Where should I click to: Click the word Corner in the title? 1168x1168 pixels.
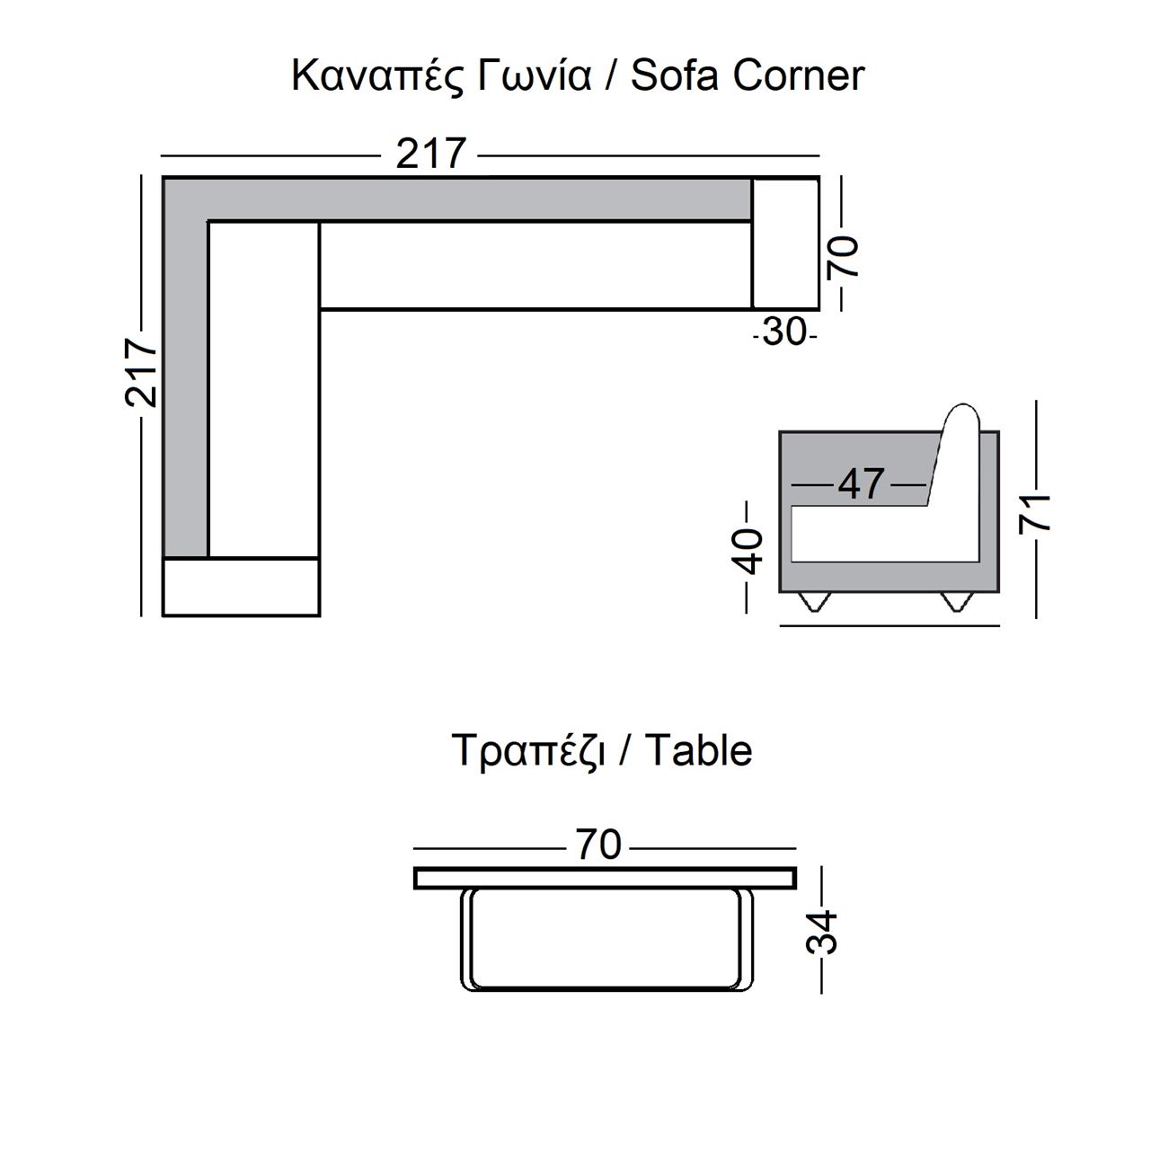point(798,75)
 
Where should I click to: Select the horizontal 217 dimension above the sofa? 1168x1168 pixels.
point(431,154)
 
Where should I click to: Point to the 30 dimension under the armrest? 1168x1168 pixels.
point(785,332)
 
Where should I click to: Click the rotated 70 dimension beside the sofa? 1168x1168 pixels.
point(843,256)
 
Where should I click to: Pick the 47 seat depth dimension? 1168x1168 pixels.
point(861,484)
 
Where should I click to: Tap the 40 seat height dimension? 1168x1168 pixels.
point(748,552)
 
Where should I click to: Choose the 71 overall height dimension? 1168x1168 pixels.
point(1035,514)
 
